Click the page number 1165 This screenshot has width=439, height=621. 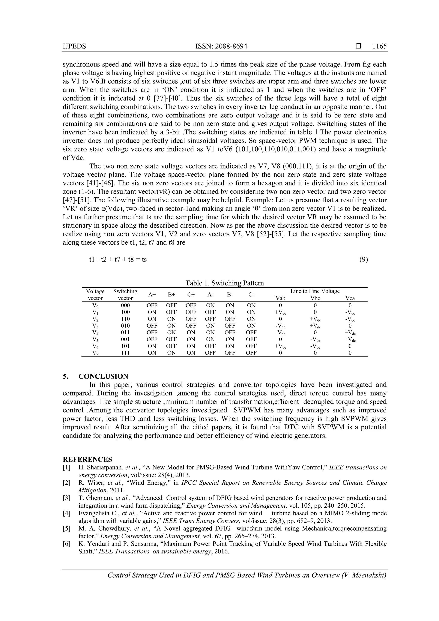(379, 46)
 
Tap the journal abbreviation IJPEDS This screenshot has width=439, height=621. (74, 46)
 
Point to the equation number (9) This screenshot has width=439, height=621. (364, 259)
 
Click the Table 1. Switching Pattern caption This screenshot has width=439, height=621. (224, 283)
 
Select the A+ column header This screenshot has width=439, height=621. (152, 295)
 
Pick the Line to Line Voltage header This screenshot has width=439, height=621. (315, 291)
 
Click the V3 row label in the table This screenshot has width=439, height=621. (95, 326)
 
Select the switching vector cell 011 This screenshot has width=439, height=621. (125, 332)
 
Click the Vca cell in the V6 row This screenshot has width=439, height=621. (350, 346)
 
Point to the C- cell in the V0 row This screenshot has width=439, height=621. (251, 305)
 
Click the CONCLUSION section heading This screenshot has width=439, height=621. (103, 376)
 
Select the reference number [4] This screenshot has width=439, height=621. (66, 513)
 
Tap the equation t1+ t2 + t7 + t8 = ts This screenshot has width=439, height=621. (118, 259)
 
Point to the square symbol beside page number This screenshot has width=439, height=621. (358, 46)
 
